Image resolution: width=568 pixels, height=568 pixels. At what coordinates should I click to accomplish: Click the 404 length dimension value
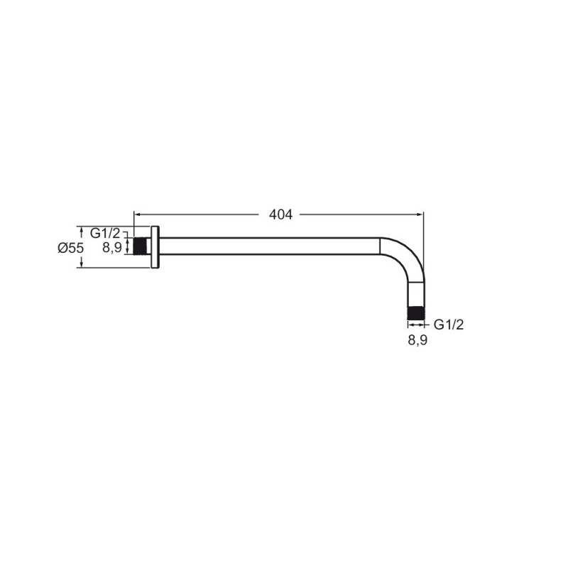pos(280,215)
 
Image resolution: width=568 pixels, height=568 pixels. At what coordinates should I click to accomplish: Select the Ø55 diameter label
pos(70,248)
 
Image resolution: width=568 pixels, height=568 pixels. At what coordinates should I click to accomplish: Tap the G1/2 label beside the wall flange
pos(104,234)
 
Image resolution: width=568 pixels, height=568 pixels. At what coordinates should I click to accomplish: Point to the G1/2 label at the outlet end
pos(449,324)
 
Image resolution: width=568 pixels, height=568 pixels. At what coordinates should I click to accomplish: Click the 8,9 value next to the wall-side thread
pos(112,248)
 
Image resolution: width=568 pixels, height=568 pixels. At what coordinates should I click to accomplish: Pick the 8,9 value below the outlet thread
pos(417,340)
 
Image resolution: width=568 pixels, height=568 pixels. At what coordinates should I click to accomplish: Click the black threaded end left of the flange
pos(140,246)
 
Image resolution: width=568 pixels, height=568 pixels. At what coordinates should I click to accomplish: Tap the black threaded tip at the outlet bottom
pos(416,313)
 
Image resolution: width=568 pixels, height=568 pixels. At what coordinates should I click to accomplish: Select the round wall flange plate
pos(155,247)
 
